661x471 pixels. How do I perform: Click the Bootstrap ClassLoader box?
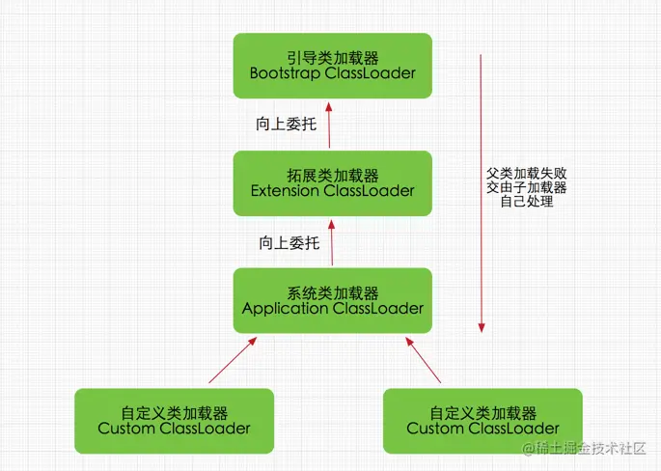tap(332, 65)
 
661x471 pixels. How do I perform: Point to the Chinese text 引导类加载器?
tap(332, 55)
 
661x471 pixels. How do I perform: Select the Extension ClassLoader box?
tap(332, 182)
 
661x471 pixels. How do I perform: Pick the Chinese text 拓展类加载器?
tap(332, 174)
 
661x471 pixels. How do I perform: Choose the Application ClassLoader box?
tap(332, 300)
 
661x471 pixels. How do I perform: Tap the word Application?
tap(285, 309)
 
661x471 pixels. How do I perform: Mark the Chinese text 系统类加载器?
tap(332, 291)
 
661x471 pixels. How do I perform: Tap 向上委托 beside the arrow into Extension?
tap(289, 242)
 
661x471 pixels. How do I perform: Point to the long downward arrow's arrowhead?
tap(481, 326)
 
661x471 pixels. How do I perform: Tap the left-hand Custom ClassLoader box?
tap(174, 421)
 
